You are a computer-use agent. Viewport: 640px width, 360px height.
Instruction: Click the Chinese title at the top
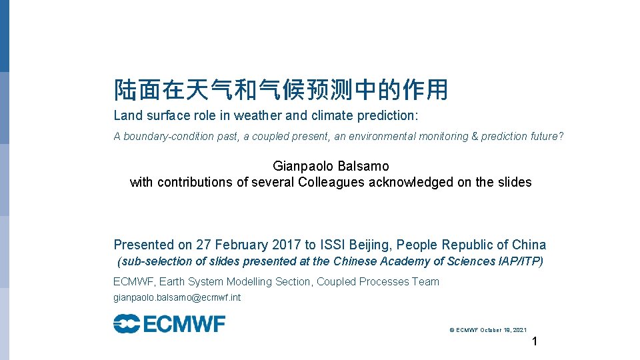(x=281, y=89)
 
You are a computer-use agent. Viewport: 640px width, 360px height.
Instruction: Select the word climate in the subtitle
(x=331, y=115)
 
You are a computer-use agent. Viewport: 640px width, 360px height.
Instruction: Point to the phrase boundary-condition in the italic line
(x=160, y=137)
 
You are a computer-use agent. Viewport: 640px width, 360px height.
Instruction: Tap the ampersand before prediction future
(x=475, y=137)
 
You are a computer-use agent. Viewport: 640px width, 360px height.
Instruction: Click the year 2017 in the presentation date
(x=290, y=245)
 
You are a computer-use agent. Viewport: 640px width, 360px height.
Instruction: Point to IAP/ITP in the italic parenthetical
(x=517, y=261)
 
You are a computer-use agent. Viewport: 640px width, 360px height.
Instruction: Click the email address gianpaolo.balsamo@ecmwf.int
(x=177, y=298)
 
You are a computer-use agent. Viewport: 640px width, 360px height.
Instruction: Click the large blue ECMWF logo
(x=169, y=325)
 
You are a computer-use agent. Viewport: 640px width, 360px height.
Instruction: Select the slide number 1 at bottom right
(x=534, y=343)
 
